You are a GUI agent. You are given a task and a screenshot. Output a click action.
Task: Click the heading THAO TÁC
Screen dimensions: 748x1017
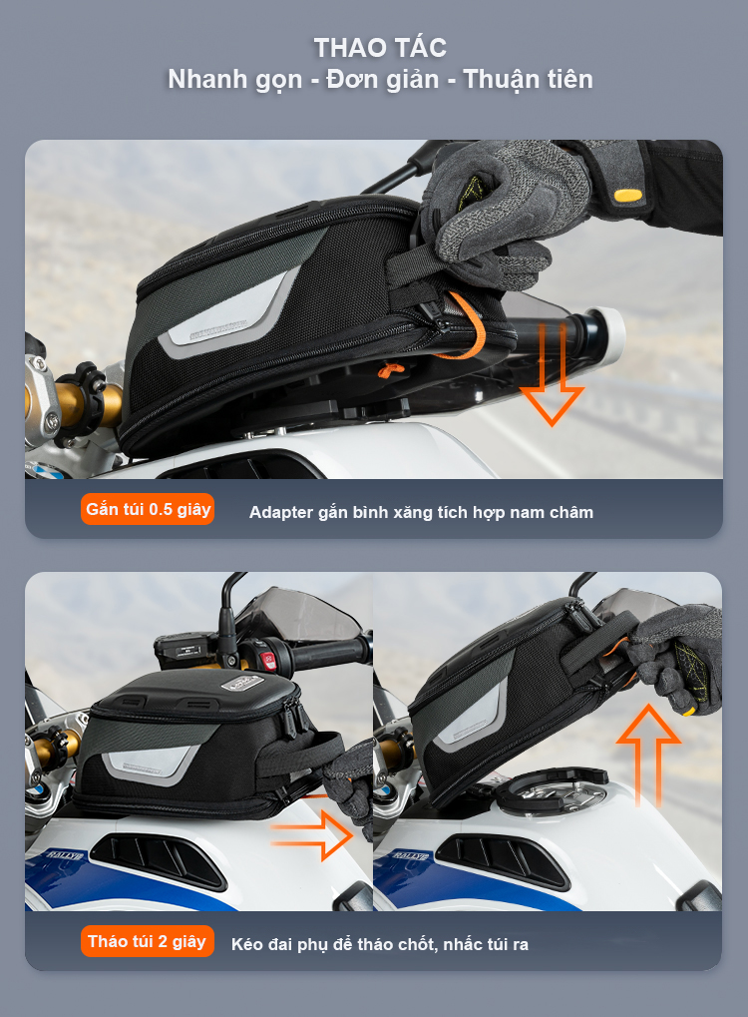pos(380,48)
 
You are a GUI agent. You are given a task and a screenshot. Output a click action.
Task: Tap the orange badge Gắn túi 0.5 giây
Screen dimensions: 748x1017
pos(148,509)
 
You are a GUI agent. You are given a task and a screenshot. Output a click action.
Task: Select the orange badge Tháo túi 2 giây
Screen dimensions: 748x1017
pos(148,941)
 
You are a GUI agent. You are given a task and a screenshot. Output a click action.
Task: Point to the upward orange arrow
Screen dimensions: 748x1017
pos(648,756)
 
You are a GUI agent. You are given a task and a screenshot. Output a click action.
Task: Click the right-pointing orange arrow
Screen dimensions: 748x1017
pos(312,835)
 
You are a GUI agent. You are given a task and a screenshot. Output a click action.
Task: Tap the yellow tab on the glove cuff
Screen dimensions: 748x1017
pos(628,195)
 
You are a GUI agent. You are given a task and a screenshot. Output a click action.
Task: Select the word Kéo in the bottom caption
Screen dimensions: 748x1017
pos(245,944)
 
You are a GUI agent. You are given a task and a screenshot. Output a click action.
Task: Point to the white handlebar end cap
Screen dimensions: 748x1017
pos(608,334)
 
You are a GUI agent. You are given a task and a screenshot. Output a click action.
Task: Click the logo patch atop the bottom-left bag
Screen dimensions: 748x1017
pos(241,683)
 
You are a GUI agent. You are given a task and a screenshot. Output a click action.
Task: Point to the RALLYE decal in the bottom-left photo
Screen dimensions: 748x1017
pos(65,856)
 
